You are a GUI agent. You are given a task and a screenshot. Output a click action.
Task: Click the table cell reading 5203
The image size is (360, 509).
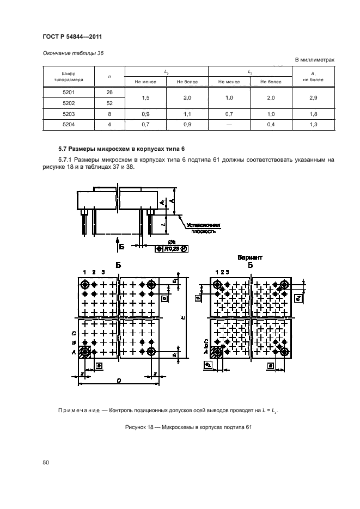[69, 114]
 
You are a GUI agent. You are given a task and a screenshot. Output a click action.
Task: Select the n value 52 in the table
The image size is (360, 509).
[109, 103]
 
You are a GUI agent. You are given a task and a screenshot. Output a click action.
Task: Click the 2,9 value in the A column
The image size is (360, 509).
[313, 97]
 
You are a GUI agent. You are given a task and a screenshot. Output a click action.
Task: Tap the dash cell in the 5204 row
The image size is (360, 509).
[229, 125]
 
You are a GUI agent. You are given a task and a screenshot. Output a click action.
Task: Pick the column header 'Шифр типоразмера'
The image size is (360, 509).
[69, 76]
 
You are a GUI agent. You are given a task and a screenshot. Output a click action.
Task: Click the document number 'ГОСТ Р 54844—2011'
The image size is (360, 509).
[72, 36]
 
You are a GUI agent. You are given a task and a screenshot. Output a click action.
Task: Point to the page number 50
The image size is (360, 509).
[46, 462]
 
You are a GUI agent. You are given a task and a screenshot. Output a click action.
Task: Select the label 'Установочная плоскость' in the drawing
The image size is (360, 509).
[203, 228]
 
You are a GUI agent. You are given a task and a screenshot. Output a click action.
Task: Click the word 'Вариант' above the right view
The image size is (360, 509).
[250, 257]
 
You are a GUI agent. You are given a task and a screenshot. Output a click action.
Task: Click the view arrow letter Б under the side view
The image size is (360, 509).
[121, 247]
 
